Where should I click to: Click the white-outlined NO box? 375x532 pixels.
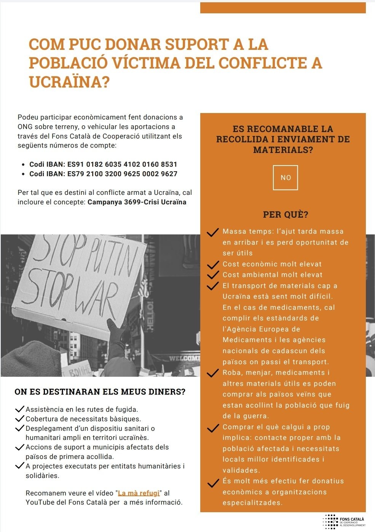285,178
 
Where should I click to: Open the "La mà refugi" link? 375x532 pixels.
139,493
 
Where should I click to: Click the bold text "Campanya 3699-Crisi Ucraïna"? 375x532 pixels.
137,202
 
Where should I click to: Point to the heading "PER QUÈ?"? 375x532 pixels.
285,215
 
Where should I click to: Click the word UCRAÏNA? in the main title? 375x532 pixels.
69,82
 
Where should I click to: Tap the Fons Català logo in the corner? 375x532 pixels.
344,521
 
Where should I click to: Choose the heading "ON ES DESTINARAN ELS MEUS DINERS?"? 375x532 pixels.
100,392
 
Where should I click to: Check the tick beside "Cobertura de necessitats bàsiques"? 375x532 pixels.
20,419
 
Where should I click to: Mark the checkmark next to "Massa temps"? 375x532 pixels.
212,232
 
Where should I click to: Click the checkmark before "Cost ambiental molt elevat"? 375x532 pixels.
212,275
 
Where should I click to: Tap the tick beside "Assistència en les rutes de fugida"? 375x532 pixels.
20,409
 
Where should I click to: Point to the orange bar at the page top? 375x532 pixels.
283,8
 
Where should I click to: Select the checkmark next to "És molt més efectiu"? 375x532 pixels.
212,483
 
